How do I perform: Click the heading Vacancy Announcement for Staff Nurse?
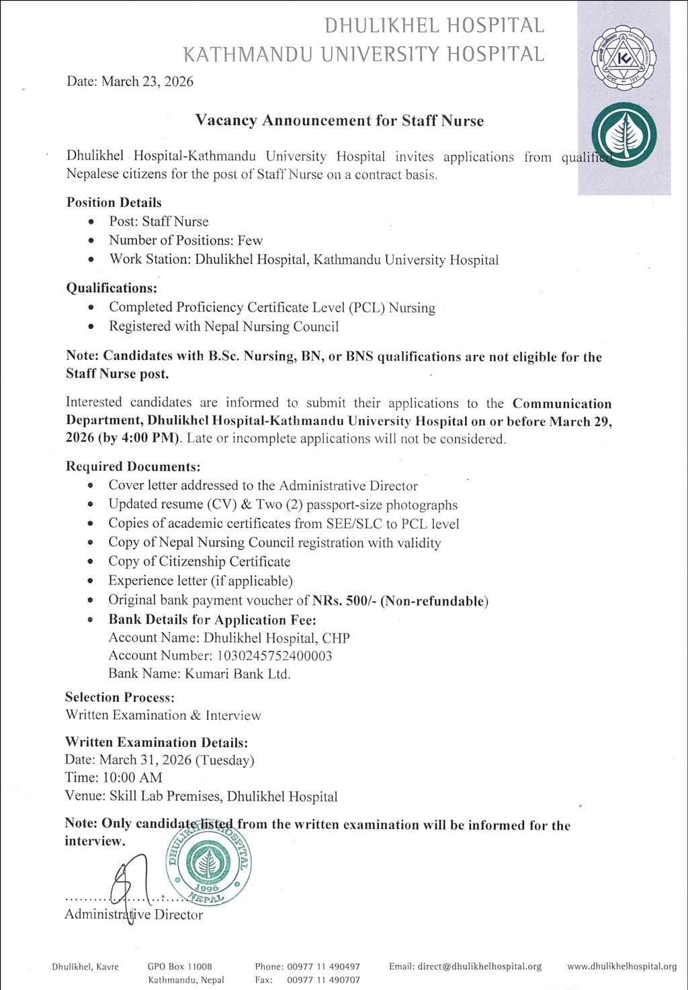(339, 121)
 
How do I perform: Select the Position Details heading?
(114, 202)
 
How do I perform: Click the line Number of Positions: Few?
(185, 240)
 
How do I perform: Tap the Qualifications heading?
(112, 288)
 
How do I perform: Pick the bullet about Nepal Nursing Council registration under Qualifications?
(224, 327)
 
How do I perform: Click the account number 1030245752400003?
(273, 656)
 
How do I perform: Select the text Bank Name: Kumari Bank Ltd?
(200, 674)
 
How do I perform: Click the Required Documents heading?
(133, 466)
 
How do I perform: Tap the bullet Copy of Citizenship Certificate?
(200, 561)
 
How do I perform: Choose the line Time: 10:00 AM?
(114, 778)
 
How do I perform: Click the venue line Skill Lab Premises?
(201, 797)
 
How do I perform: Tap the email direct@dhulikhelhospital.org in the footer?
(465, 966)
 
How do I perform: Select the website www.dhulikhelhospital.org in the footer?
(621, 966)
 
